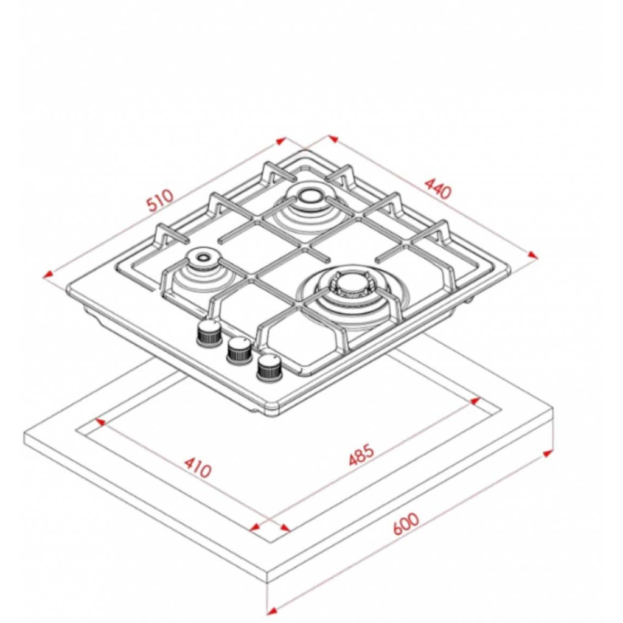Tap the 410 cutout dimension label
(197, 468)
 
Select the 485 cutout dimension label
(361, 454)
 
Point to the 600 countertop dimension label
(406, 524)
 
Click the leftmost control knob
(209, 333)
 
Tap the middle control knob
(239, 350)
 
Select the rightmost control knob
(270, 368)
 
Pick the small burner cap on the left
(203, 258)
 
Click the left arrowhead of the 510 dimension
(49, 274)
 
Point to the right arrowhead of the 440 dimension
(532, 255)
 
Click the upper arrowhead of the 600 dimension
(548, 453)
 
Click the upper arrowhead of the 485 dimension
(475, 400)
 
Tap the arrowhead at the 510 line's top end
(281, 141)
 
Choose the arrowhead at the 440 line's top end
(333, 139)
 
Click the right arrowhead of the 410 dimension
(285, 527)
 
